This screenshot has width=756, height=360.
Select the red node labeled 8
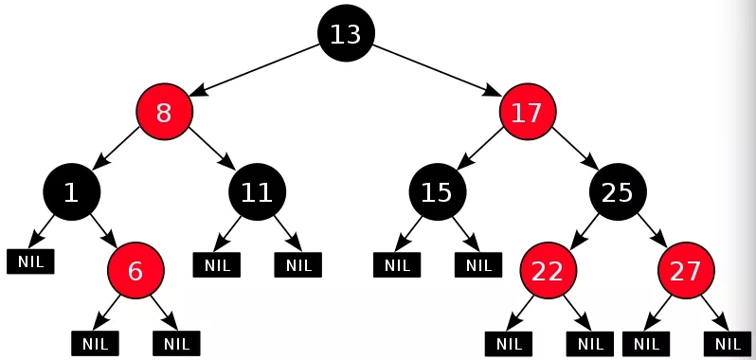tap(164, 113)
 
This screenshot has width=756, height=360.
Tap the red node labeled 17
tap(527, 113)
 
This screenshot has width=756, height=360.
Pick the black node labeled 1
tap(71, 192)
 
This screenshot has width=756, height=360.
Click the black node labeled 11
tap(257, 192)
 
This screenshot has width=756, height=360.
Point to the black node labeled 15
tap(437, 192)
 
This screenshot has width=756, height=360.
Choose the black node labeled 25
tap(618, 192)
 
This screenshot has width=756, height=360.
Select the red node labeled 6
tap(135, 271)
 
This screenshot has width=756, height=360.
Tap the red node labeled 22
tap(547, 271)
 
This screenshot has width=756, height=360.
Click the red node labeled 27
tap(686, 271)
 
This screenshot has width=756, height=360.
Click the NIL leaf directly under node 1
tap(30, 261)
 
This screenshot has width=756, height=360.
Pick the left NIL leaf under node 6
tap(95, 342)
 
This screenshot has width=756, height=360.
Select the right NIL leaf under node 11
tap(298, 264)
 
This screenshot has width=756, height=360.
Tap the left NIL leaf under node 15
tap(396, 264)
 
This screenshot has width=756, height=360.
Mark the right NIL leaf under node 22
tap(589, 342)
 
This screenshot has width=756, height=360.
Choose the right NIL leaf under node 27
tap(728, 342)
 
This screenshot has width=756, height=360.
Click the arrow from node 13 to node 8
tap(256, 72)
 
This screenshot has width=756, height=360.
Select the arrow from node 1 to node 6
tap(102, 230)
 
